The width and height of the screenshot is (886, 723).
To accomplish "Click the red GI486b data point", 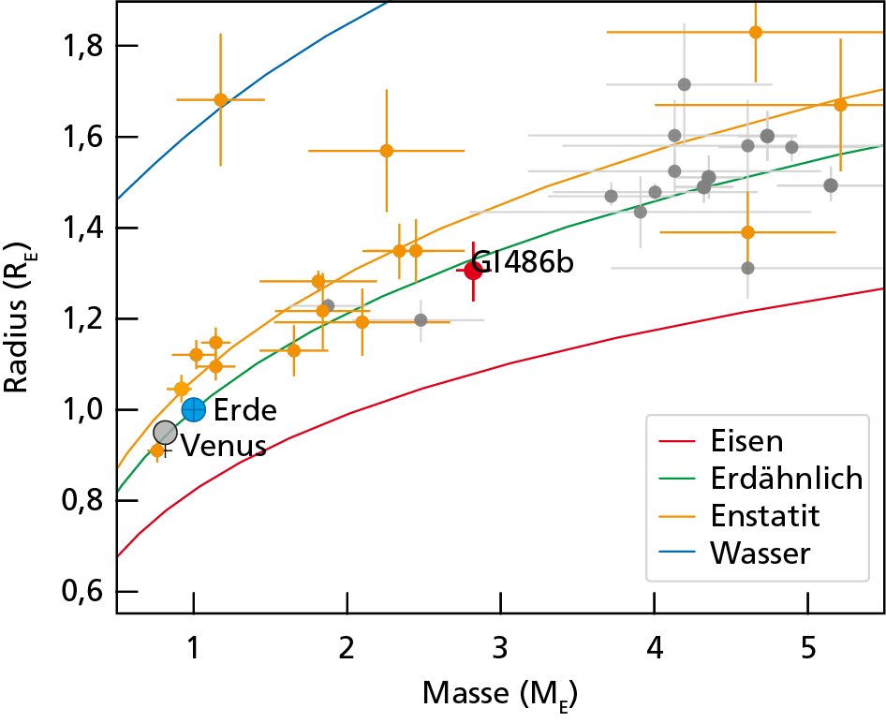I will click(473, 271).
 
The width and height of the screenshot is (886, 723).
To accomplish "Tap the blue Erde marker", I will click(193, 409).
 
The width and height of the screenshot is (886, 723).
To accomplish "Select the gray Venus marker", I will click(165, 432).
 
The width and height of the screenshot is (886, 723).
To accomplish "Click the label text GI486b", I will click(523, 263).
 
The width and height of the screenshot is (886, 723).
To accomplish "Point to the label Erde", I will click(245, 410).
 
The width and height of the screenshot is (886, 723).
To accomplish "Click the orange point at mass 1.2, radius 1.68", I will click(221, 99).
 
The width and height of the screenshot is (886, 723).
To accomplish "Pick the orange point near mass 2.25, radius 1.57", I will click(386, 150).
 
